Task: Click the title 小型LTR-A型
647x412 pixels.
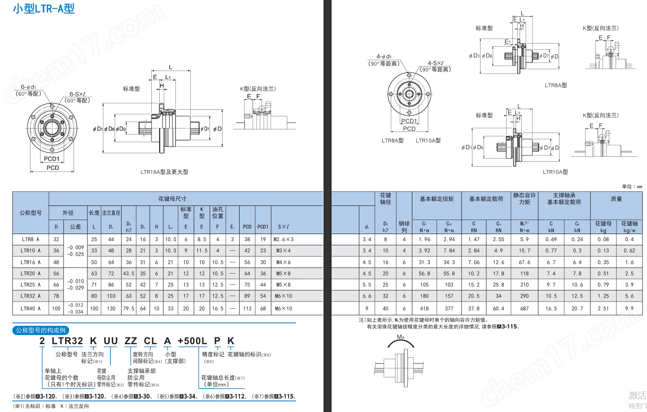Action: (x=44, y=9)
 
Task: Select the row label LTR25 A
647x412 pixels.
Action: (x=31, y=284)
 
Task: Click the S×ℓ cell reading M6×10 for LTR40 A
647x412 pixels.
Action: (x=284, y=308)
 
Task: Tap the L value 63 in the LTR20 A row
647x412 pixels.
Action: (x=94, y=273)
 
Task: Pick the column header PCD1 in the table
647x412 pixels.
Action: (x=263, y=227)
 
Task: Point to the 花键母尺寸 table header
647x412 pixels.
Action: (x=172, y=199)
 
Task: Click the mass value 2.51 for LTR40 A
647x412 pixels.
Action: (x=603, y=308)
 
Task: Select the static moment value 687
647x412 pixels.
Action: (x=524, y=308)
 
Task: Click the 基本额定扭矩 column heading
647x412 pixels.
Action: (x=437, y=199)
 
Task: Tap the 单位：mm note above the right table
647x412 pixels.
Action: (x=632, y=186)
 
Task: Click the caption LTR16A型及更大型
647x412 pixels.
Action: (x=164, y=172)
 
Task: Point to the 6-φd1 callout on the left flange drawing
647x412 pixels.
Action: (x=28, y=87)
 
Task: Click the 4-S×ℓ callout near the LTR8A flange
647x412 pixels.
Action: (x=435, y=63)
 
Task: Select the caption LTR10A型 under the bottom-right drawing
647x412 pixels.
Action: (x=555, y=172)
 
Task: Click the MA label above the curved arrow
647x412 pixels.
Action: (x=401, y=337)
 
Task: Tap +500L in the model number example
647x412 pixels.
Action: (x=192, y=341)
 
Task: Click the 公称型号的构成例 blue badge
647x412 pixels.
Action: (x=41, y=330)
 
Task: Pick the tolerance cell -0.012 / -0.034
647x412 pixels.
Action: (x=75, y=308)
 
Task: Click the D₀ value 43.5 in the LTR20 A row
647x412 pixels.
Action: (x=129, y=273)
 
